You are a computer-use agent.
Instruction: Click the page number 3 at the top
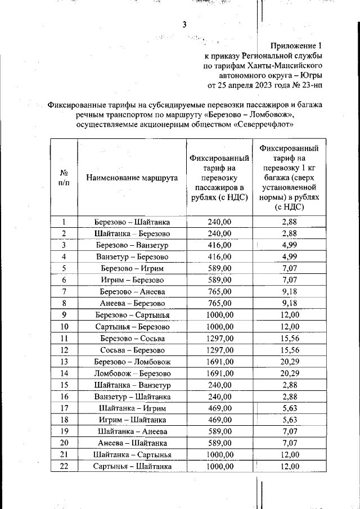click(184, 24)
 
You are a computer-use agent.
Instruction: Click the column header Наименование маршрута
click(132, 178)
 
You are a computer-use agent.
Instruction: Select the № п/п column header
click(64, 178)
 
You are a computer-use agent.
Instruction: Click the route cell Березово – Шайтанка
click(132, 222)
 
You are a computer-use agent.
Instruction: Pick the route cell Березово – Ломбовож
click(132, 362)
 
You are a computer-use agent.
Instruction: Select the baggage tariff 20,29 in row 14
click(290, 373)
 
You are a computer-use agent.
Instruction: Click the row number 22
click(64, 466)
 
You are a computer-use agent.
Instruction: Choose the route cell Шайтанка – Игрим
click(132, 408)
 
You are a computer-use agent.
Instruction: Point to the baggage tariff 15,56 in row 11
click(290, 339)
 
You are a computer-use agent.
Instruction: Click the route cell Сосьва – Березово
click(132, 350)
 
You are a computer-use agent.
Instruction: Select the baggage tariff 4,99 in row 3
click(290, 245)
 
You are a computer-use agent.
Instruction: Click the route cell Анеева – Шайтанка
click(132, 443)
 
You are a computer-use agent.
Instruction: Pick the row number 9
click(64, 315)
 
